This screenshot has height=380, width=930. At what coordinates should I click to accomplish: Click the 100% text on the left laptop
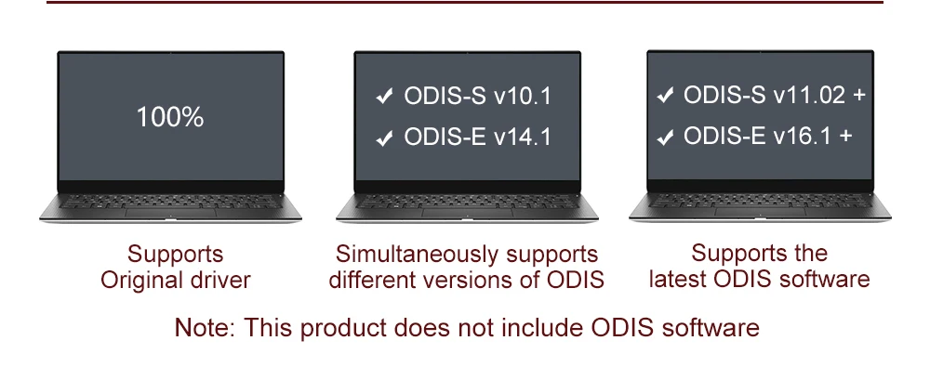[x=170, y=117]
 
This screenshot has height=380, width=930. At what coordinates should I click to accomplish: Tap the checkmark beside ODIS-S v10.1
[x=384, y=96]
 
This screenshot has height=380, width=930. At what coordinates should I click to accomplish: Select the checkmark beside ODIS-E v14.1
[x=384, y=138]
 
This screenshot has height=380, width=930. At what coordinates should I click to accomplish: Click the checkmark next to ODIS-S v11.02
[x=666, y=95]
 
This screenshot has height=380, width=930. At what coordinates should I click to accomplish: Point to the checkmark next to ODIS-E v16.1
[x=666, y=137]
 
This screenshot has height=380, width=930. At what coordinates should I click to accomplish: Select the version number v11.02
[x=807, y=95]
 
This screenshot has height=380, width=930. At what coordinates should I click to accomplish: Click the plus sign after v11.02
[x=857, y=96]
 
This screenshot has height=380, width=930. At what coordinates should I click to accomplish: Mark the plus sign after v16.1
[x=845, y=137]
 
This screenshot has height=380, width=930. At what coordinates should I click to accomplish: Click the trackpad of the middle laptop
[x=467, y=212]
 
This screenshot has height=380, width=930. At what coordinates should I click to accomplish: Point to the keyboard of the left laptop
[x=170, y=201]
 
